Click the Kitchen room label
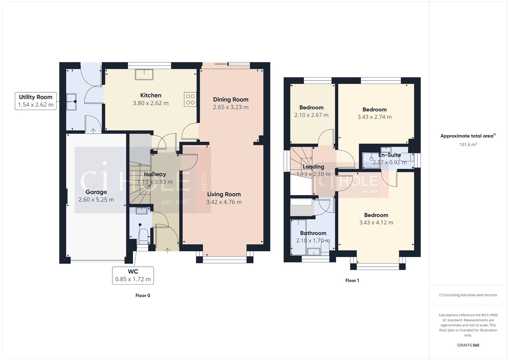151,95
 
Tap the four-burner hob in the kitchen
190,99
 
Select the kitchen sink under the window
144,74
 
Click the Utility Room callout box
36,101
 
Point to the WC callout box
133,275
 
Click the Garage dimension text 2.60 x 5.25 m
96,200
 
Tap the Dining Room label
231,100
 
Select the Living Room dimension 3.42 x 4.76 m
224,202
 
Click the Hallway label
155,174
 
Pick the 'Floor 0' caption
143,295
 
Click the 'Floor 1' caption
352,280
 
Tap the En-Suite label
389,155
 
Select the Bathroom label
313,233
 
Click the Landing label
313,167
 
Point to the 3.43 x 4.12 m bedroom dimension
376,222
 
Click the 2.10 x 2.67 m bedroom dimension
311,115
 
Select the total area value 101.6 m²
468,145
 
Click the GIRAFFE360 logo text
468,345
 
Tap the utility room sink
71,102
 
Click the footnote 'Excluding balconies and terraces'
468,295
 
